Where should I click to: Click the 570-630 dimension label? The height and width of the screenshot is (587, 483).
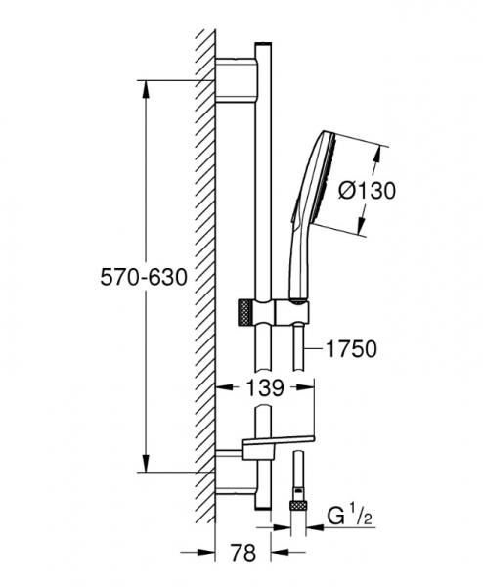(x=144, y=278)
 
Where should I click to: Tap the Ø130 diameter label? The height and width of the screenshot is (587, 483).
(x=367, y=190)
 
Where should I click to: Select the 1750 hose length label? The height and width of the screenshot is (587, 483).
(x=352, y=349)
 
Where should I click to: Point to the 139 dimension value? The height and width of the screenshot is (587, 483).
(x=265, y=388)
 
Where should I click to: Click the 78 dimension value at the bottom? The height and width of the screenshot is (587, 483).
(x=243, y=553)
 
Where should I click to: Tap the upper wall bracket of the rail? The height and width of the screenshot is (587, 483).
(x=237, y=80)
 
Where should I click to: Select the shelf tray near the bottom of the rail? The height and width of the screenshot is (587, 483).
(x=279, y=442)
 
